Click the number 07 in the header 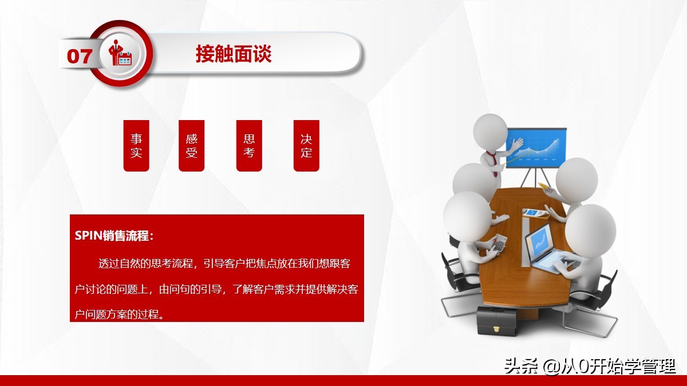tap(79, 55)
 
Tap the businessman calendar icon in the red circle tap(121, 54)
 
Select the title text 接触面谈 tap(233, 54)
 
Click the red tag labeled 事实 tap(136, 146)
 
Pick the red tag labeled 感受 tap(191, 146)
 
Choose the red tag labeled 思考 tap(249, 146)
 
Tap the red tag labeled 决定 tap(306, 146)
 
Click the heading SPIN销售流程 tap(114, 236)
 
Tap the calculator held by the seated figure tap(500, 244)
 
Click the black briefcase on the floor tap(497, 320)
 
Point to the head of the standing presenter tap(490, 132)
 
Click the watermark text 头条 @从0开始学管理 tap(590, 366)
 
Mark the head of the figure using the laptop tap(590, 229)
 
